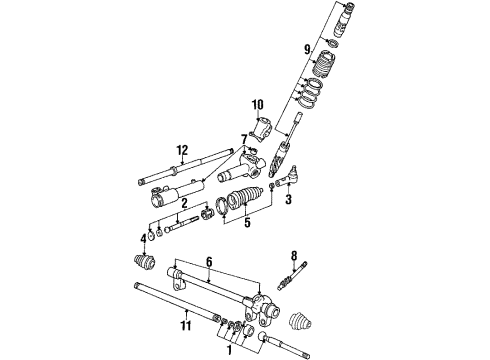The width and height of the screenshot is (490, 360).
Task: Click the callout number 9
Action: [x=307, y=49]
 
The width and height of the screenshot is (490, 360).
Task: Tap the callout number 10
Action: [x=258, y=105]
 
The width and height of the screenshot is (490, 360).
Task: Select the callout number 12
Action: [x=182, y=150]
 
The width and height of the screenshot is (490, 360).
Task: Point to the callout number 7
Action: [x=244, y=139]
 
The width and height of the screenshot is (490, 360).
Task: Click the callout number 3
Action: [x=288, y=199]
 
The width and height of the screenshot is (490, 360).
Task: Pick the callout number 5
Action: [x=247, y=223]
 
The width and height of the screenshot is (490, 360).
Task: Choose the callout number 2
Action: [x=184, y=203]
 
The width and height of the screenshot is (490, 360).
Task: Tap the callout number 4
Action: [x=144, y=239]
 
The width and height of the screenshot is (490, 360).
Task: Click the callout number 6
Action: [x=209, y=262]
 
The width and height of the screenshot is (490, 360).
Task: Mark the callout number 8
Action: [x=294, y=256]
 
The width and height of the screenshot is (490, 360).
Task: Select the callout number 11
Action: [x=186, y=325]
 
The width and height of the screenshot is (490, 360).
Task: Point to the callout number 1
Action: [x=229, y=350]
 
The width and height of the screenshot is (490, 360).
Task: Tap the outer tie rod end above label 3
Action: [x=286, y=177]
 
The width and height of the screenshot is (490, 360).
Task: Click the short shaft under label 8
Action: [x=292, y=276]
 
